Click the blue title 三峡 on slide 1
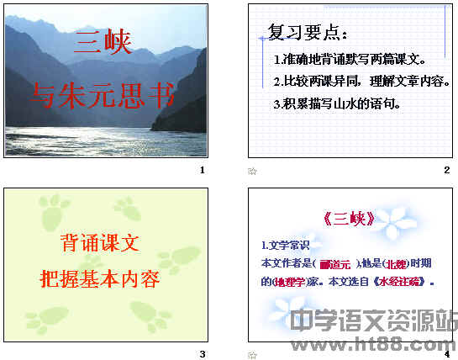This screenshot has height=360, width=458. [x=103, y=42]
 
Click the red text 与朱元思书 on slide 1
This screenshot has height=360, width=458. [x=103, y=95]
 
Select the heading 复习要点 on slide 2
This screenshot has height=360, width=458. [x=307, y=33]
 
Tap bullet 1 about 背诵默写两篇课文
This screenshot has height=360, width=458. [x=350, y=61]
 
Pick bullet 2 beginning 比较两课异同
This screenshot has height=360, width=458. [x=362, y=82]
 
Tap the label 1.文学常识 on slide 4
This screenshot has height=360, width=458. [x=286, y=246]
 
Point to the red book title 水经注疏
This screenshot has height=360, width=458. [x=399, y=282]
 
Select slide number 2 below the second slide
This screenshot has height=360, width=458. [x=447, y=171]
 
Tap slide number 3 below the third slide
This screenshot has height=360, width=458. [x=203, y=354]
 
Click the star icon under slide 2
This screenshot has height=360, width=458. [x=251, y=172]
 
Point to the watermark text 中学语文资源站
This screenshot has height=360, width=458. [x=374, y=322]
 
